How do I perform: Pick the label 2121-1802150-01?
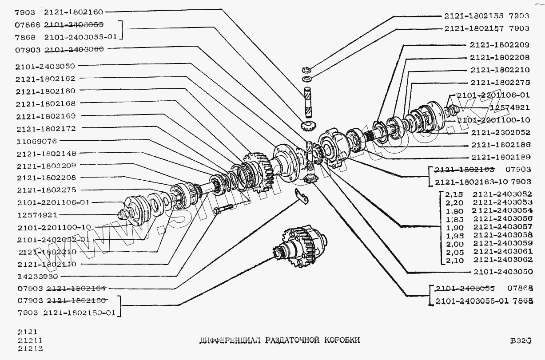click(x=79, y=313)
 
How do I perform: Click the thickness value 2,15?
click(x=454, y=194)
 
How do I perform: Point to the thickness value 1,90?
click(x=454, y=227)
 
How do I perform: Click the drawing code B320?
click(x=521, y=341)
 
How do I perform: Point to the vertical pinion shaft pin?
click(x=308, y=102)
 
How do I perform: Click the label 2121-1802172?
click(x=46, y=128)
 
